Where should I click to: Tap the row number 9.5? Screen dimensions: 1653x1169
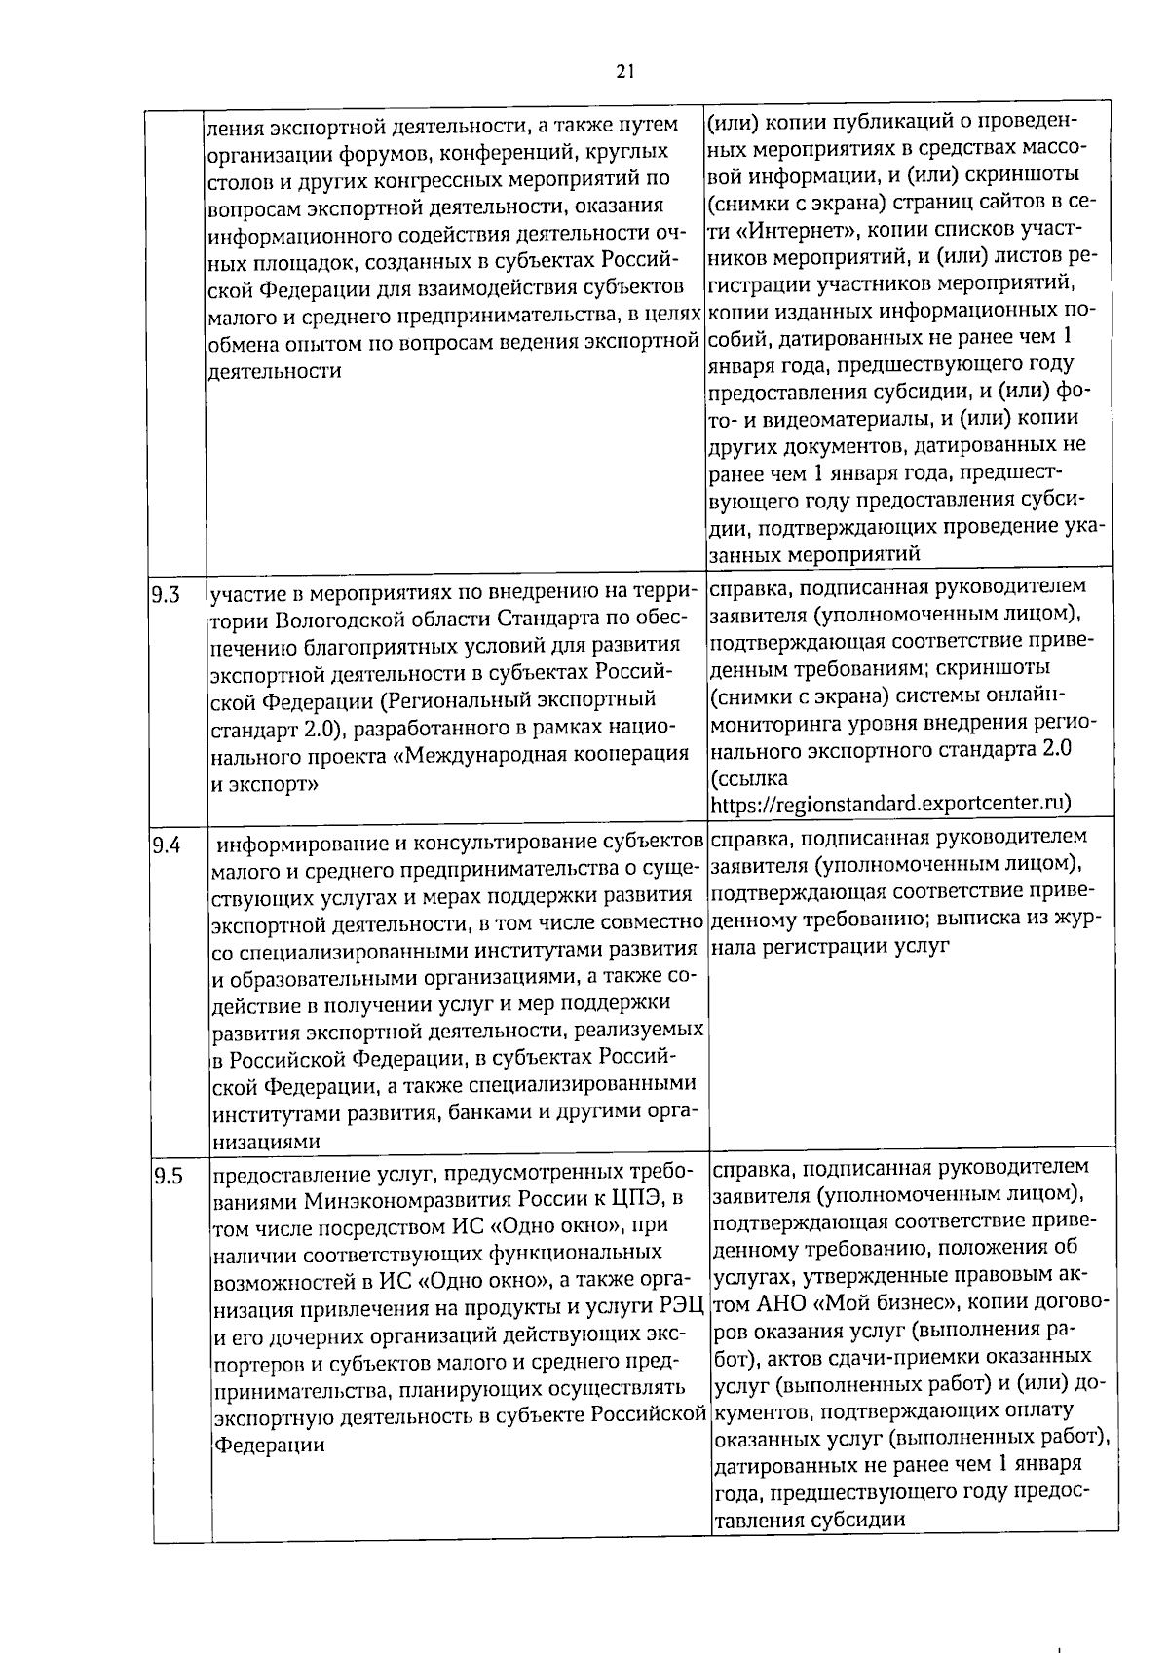(167, 1177)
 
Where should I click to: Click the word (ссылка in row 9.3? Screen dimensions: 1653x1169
(749, 778)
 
